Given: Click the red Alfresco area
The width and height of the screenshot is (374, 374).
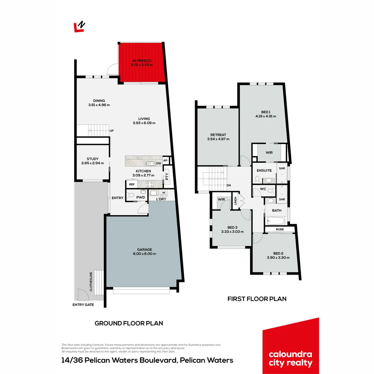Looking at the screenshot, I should click(141, 62).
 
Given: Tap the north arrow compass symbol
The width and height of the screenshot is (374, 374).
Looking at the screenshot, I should click(80, 27).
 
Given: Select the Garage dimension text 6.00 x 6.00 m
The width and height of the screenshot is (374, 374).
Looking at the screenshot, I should click(144, 254).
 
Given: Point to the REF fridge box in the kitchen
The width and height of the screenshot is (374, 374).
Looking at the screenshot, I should click(132, 185).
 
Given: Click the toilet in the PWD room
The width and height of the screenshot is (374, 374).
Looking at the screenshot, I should click(131, 195).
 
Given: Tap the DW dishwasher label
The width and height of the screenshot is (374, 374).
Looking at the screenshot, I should click(158, 163).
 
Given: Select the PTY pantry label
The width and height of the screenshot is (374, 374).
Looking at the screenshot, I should click(167, 177).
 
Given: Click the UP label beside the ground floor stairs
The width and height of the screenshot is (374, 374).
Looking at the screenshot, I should click(112, 131).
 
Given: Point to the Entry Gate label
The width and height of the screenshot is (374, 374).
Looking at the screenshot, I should click(83, 305).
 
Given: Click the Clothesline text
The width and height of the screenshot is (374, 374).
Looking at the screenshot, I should click(91, 281).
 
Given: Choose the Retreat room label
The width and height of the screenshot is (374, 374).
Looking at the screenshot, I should click(218, 135).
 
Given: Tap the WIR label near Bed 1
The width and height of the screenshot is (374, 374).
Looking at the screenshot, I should click(269, 152).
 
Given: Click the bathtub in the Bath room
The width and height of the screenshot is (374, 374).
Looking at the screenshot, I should click(276, 220).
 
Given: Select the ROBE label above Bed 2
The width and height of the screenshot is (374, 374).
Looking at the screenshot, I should click(280, 230).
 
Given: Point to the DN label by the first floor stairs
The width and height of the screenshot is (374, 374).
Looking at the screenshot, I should click(229, 185).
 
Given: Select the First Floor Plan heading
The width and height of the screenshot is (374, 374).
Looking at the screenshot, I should click(257, 299).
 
